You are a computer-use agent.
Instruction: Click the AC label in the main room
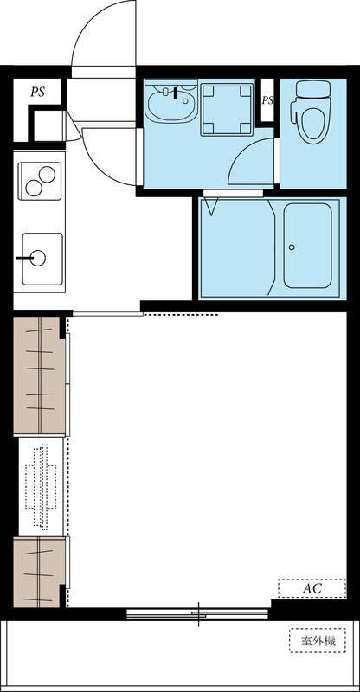(312, 588)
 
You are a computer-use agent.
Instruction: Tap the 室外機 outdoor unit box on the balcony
(318, 640)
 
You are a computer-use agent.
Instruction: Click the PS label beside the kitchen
(38, 93)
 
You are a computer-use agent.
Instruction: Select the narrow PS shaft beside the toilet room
(267, 100)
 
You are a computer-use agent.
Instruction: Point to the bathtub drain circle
(292, 247)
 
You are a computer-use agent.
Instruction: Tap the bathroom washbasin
(172, 102)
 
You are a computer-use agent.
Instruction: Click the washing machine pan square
(227, 109)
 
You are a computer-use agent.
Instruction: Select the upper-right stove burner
(47, 175)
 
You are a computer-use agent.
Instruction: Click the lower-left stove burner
(34, 189)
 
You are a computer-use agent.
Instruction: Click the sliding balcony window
(197, 614)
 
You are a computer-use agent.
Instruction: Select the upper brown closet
(39, 375)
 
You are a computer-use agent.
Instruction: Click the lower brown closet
(39, 572)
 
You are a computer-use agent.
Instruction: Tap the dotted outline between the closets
(41, 486)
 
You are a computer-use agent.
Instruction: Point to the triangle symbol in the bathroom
(211, 207)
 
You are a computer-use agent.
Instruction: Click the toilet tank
(313, 89)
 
